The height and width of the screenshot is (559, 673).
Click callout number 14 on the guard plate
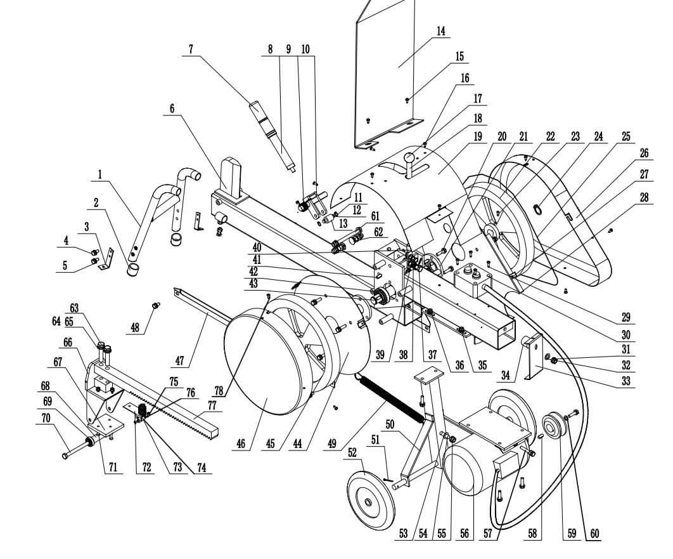(440, 31)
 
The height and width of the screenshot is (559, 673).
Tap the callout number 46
(241, 442)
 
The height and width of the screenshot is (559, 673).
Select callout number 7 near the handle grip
(191, 49)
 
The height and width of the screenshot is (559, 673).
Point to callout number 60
(594, 534)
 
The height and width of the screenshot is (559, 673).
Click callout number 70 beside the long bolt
(46, 418)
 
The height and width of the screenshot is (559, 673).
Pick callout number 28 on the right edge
(644, 197)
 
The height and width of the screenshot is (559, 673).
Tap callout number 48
(135, 327)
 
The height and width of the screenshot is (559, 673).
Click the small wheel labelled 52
(371, 495)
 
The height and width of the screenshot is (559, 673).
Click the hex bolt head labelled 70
(66, 456)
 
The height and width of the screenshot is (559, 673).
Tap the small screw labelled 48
(155, 305)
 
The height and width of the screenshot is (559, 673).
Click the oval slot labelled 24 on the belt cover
(537, 209)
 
